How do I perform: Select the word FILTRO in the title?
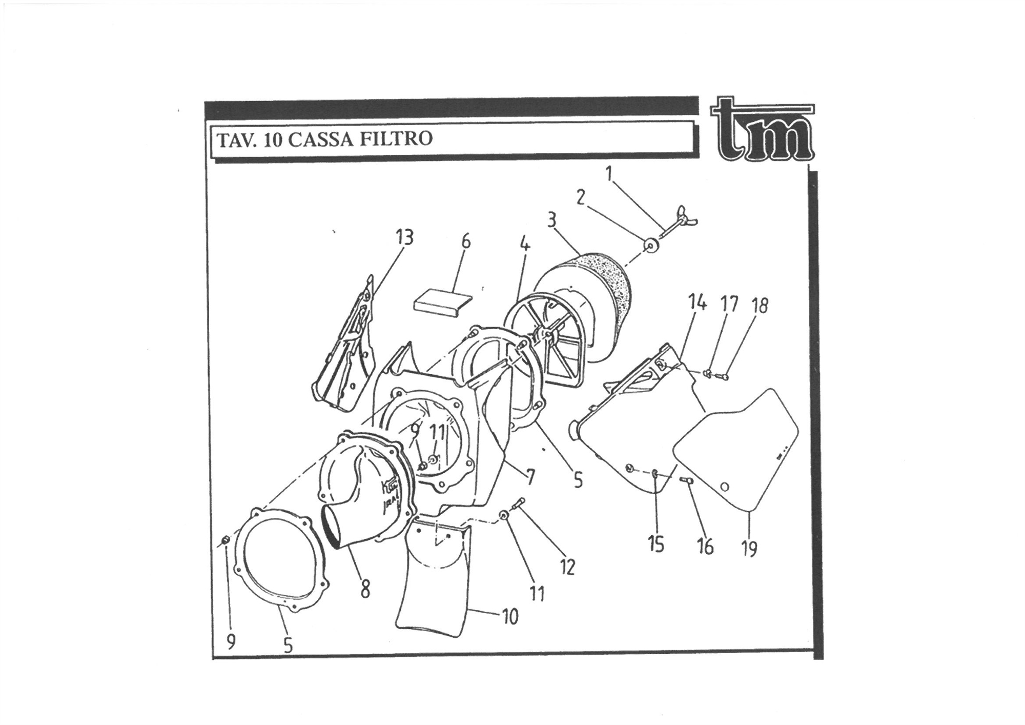click(396, 138)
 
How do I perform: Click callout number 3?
click(551, 220)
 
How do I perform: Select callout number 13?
click(404, 238)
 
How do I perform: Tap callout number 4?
click(525, 245)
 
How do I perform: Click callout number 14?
click(697, 303)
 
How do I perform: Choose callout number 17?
click(729, 304)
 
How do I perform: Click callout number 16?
click(705, 547)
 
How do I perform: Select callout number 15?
click(656, 544)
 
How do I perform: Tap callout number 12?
click(567, 567)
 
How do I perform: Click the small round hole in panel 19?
click(724, 486)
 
